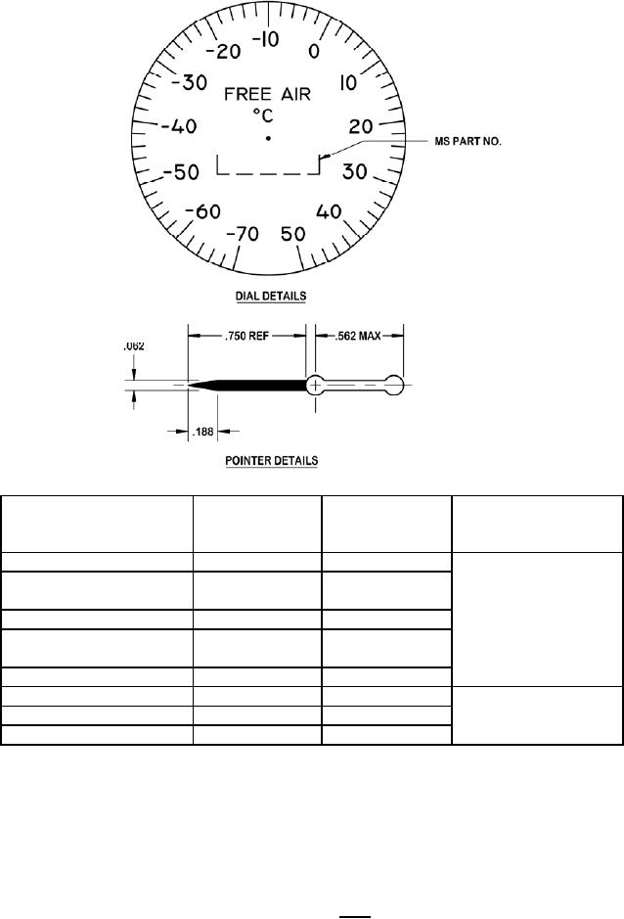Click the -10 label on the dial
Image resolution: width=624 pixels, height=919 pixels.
pyautogui.click(x=266, y=40)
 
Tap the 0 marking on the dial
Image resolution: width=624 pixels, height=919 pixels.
pyautogui.click(x=314, y=52)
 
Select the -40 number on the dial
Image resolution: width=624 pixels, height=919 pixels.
pyautogui.click(x=179, y=126)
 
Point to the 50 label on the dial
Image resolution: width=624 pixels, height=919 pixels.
pyautogui.click(x=293, y=234)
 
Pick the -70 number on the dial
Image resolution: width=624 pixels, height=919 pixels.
pyautogui.click(x=242, y=234)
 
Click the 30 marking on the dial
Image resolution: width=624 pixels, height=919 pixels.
pyautogui.click(x=354, y=171)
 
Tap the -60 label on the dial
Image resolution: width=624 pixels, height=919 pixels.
pyautogui.click(x=202, y=211)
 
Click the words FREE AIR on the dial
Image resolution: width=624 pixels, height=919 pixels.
pyautogui.click(x=268, y=94)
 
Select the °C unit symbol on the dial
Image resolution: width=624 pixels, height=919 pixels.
pyautogui.click(x=263, y=115)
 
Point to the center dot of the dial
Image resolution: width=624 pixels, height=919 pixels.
pyautogui.click(x=268, y=138)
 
